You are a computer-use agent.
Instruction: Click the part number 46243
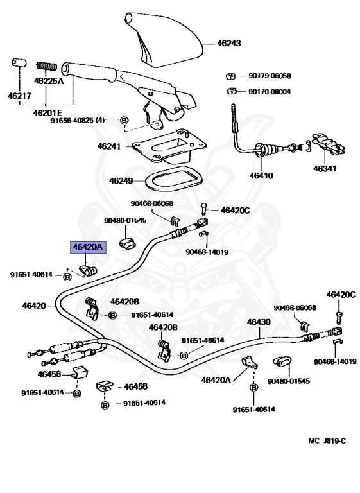[229, 43]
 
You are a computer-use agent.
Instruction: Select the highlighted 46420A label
[88, 247]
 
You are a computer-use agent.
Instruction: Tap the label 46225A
[49, 81]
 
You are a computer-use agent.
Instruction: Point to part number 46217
[19, 96]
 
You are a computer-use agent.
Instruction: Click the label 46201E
[47, 112]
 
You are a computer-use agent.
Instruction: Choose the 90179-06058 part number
[270, 76]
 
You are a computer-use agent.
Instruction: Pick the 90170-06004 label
[270, 92]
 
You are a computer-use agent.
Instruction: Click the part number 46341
[325, 169]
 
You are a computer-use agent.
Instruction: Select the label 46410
[261, 175]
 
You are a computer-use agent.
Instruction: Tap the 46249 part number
[121, 181]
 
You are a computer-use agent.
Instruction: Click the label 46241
[109, 146]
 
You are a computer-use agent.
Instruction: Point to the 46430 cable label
[259, 322]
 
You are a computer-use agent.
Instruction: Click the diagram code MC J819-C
[327, 441]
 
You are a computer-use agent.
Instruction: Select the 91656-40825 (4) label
[78, 120]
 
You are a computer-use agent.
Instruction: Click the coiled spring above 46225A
[47, 66]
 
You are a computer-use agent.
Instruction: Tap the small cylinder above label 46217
[19, 62]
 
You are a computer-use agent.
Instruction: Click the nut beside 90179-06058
[231, 76]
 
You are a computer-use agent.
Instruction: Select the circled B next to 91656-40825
[124, 120]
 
